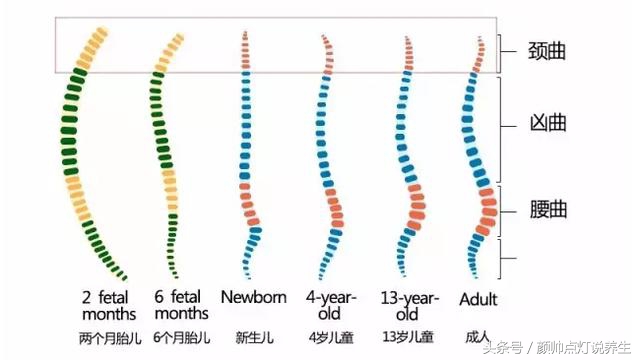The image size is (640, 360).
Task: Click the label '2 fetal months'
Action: click(106, 306)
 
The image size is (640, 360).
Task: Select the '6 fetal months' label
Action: click(180, 306)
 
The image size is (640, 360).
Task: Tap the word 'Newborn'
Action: click(253, 298)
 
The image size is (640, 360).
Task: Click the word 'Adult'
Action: click(478, 299)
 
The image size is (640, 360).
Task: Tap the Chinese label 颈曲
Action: click(547, 50)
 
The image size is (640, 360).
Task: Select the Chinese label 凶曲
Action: click(547, 124)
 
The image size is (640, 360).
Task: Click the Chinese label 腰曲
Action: click(547, 209)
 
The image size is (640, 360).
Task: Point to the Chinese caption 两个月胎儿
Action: click(106, 337)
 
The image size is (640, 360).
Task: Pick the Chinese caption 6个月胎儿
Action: click(180, 337)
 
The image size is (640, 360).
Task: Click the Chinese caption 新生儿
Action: click(253, 337)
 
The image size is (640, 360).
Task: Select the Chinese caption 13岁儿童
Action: click(405, 337)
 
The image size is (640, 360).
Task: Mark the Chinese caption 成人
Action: click(478, 337)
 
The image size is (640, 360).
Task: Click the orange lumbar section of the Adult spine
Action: click(486, 209)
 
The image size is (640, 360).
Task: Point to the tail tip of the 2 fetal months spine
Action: click(125, 277)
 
